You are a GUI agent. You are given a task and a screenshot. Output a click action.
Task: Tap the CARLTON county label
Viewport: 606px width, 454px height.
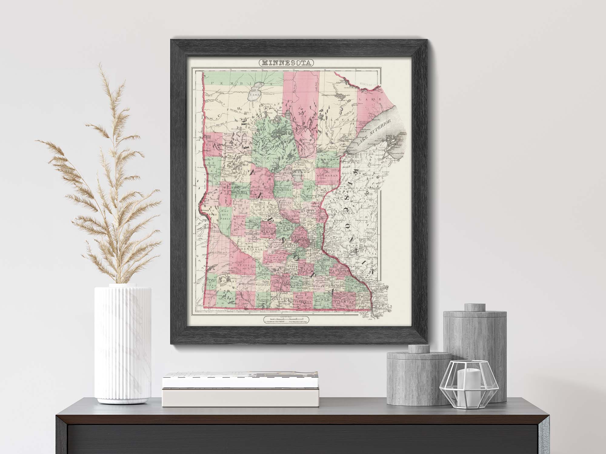328,159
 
